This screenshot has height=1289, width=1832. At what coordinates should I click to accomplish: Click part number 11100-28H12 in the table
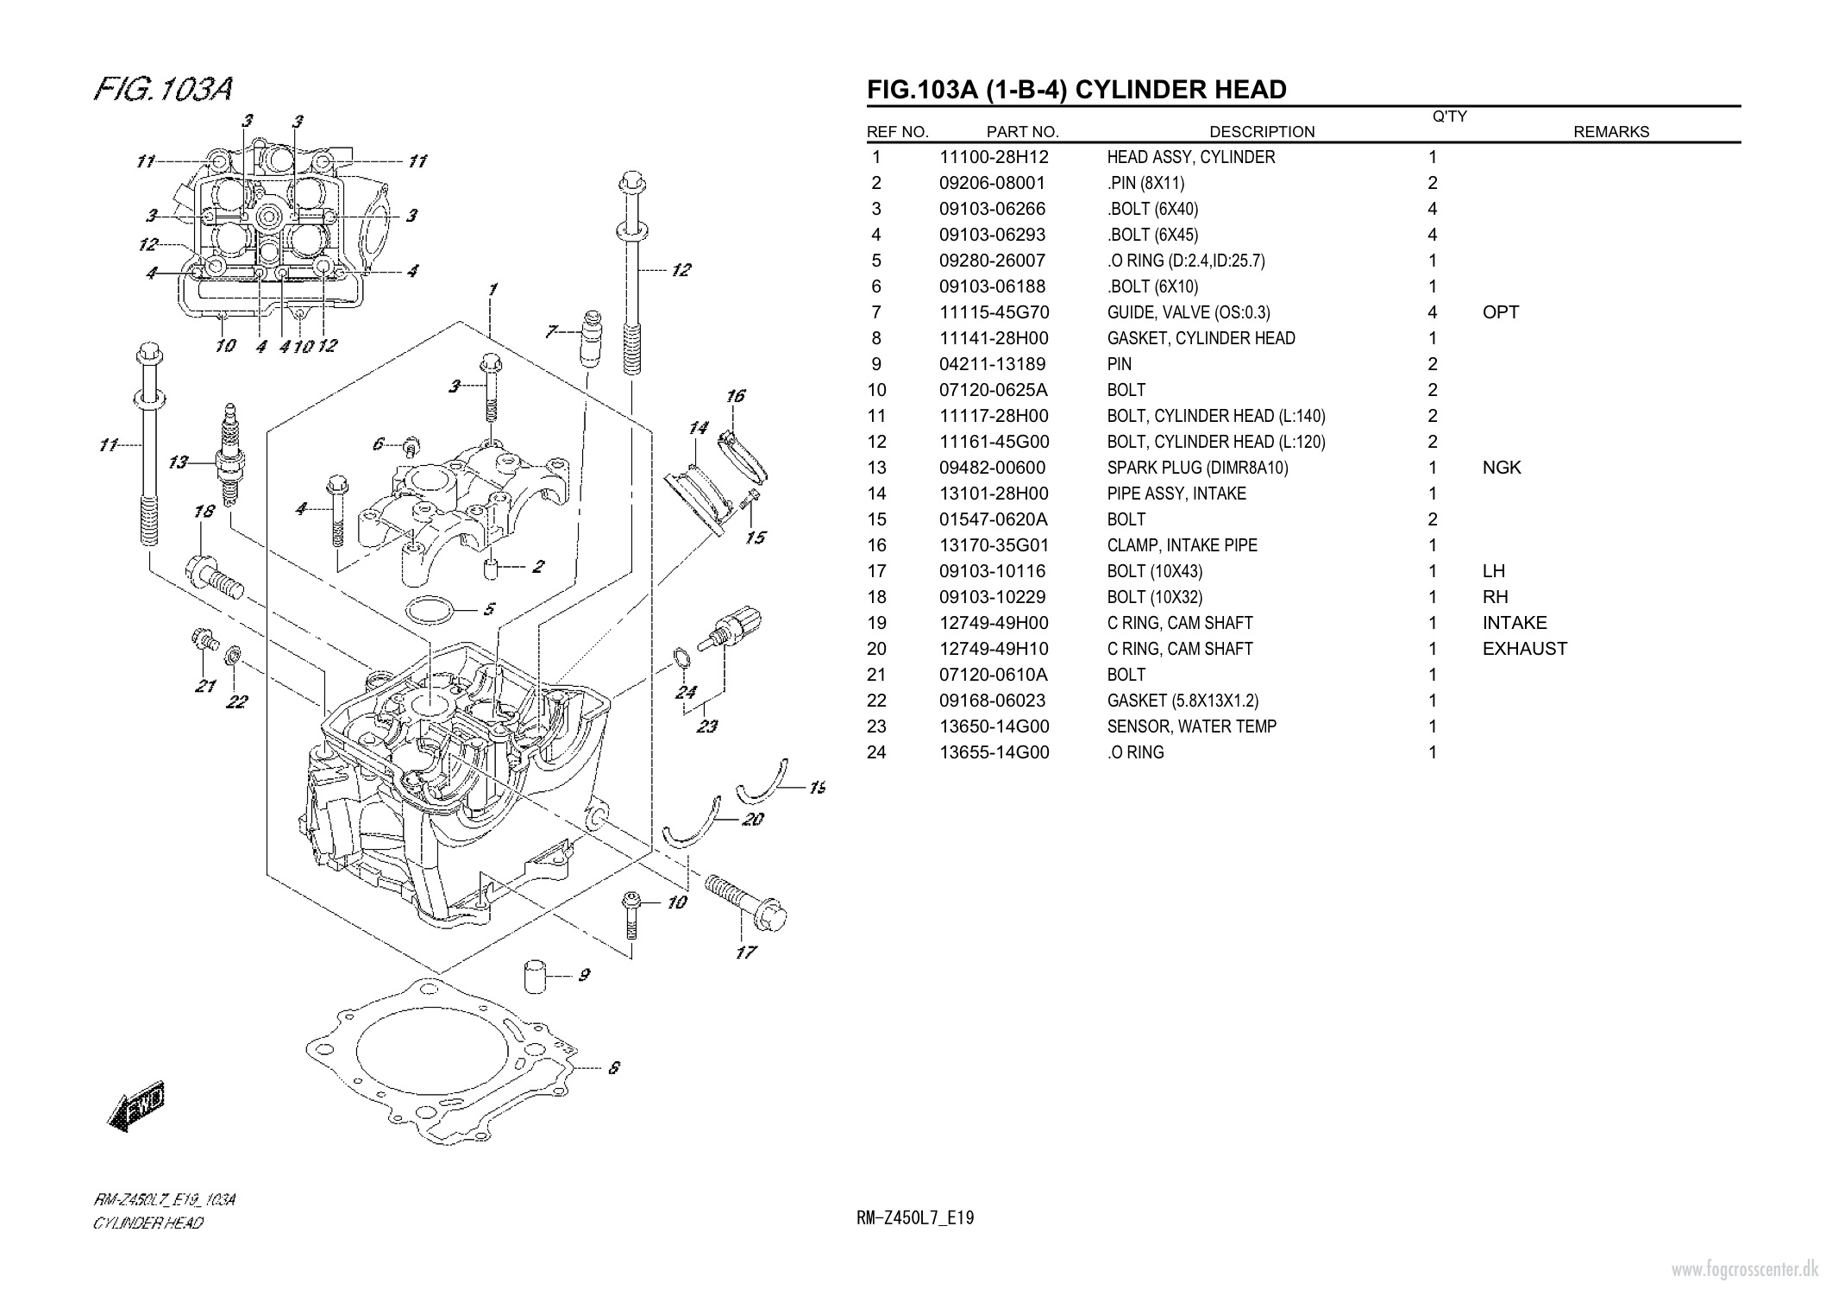993,157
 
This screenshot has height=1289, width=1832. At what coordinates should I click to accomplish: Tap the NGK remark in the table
1501,468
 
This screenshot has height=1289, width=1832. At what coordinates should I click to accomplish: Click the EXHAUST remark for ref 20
1524,649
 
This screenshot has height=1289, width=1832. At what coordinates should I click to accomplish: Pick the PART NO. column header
1022,132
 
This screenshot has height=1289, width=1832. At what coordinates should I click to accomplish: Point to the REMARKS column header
1610,132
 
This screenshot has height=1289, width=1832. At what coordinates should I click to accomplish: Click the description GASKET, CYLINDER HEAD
1201,338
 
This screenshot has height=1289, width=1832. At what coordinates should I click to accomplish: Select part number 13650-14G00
994,726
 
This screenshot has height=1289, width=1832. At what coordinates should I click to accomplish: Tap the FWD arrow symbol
138,1106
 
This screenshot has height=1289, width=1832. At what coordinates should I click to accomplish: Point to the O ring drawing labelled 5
429,611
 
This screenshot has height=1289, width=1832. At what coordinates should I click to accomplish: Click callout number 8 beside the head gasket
613,1068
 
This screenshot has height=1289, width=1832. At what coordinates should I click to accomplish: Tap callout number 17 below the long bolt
745,953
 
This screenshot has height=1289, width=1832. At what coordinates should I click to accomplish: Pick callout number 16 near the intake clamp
735,396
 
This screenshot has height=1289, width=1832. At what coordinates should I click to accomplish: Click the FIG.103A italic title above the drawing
163,89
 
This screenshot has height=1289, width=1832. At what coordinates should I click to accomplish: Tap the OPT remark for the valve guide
1500,312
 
